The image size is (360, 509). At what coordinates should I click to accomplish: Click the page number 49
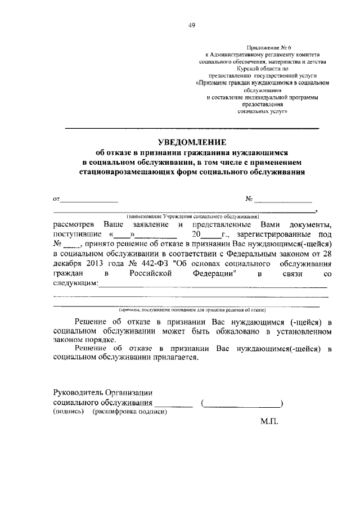[192, 24]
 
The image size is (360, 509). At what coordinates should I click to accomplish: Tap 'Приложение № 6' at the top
[263, 47]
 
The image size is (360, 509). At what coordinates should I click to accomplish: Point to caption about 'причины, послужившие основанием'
[192, 310]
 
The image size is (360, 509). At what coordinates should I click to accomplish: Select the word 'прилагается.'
[174, 358]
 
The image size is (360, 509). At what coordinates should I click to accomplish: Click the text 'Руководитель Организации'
[103, 392]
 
